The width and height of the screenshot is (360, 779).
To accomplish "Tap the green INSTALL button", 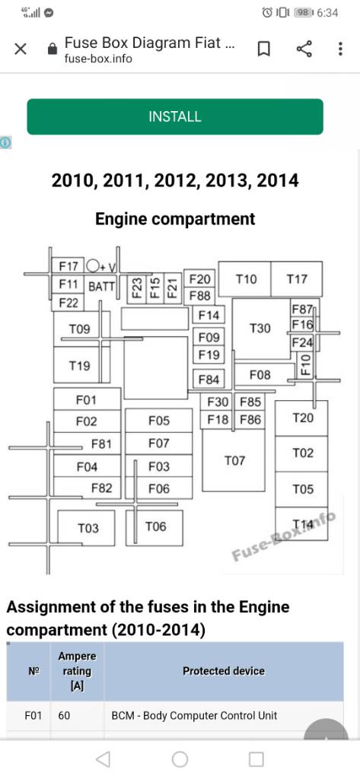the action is [x=175, y=116].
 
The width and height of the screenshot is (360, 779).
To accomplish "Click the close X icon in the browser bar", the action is [x=21, y=49].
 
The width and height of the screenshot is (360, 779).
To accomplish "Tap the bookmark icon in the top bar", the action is [x=264, y=49].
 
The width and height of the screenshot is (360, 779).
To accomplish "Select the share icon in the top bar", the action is [x=304, y=49].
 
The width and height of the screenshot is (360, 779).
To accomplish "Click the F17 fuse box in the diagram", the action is [x=68, y=266].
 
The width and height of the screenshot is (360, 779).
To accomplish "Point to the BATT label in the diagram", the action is [x=101, y=286].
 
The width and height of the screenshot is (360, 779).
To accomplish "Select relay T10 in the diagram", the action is [x=245, y=279].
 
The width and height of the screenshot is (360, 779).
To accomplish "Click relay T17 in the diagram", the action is [x=297, y=279].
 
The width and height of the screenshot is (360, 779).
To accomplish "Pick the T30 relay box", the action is [x=261, y=329].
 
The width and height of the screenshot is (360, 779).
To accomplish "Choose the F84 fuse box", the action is [x=209, y=380].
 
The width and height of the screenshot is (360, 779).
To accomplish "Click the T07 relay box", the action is [x=234, y=460].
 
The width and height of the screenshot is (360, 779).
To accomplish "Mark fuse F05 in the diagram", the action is [x=158, y=421].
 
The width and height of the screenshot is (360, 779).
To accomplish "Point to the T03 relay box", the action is [x=87, y=528].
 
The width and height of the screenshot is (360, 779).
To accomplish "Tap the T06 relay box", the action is [x=155, y=527].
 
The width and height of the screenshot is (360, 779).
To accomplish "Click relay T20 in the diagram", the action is [x=301, y=418].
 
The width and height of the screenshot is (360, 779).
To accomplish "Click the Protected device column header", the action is [x=224, y=671].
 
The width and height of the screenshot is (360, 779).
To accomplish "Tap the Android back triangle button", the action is [x=103, y=759].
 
